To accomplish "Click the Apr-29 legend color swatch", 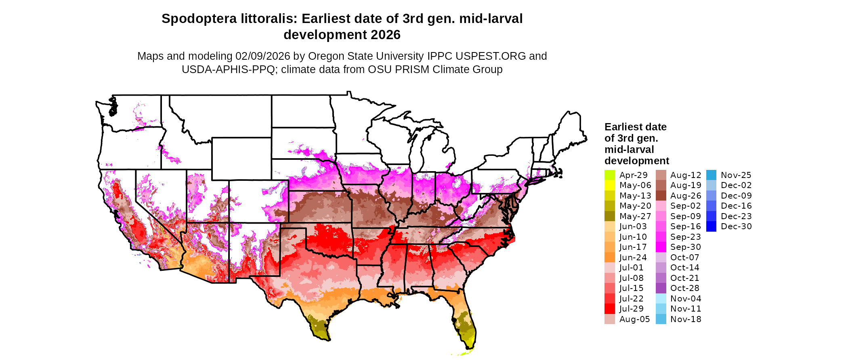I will pos(609,175).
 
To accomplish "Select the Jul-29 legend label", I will pos(631,309).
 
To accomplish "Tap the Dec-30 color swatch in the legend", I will pos(711,226).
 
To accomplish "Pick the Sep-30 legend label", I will pos(685,247).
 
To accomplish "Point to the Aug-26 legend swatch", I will pos(661,196).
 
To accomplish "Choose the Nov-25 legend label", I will pos(736,175).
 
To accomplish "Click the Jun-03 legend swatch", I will pos(609,226).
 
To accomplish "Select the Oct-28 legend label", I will pos(684,288).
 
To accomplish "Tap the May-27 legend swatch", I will pos(609,216).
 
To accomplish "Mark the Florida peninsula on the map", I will pos(464,323).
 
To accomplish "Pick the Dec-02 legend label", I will pos(736,185).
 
